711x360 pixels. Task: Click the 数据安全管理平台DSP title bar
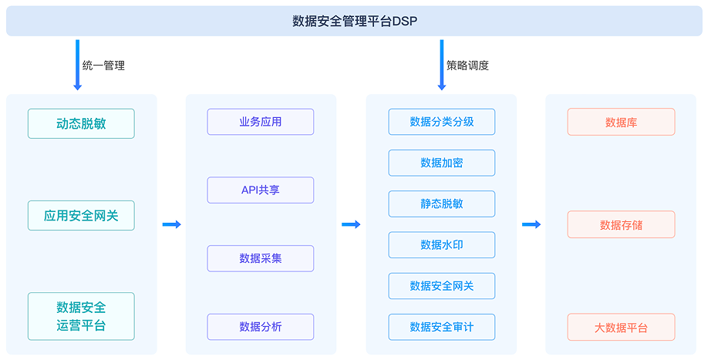point(354,21)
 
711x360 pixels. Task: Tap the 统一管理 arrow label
point(103,66)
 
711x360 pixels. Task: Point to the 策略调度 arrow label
point(467,66)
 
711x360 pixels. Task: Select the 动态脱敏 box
point(81,123)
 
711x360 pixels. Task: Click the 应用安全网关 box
point(81,215)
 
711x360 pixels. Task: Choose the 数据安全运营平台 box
point(81,316)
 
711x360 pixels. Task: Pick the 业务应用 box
point(261,122)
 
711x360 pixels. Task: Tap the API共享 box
point(261,190)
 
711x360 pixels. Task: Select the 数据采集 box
point(261,258)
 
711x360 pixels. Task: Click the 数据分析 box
point(261,327)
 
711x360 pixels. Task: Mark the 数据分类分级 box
point(442,122)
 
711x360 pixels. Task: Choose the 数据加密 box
point(442,163)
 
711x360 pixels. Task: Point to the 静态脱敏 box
point(442,204)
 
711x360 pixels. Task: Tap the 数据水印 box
point(442,245)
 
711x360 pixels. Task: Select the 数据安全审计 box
point(442,327)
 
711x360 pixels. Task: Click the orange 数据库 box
point(622,122)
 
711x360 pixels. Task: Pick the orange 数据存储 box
point(622,224)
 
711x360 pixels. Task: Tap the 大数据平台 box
point(622,327)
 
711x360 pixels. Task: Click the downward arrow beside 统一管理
point(78,65)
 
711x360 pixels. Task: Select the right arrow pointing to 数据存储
point(531,224)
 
